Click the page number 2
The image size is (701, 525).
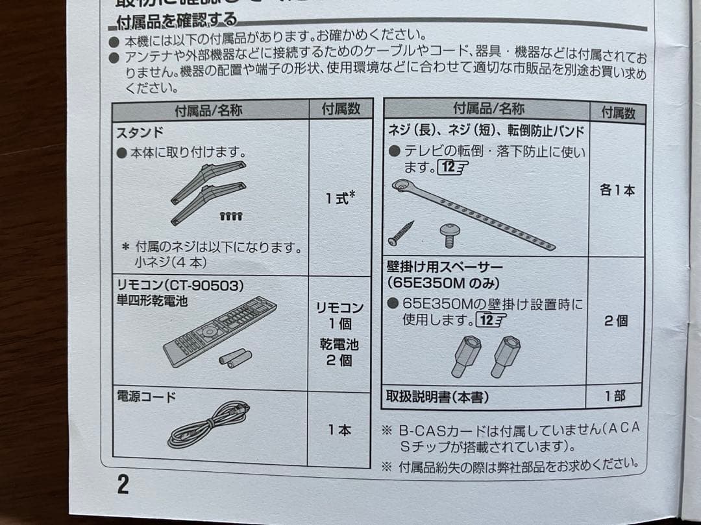click(123, 484)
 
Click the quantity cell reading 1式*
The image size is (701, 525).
click(340, 197)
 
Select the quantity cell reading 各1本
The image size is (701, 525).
click(617, 191)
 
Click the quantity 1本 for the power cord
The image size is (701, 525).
click(339, 430)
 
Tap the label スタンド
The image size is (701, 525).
click(140, 133)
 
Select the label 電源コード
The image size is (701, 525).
click(145, 397)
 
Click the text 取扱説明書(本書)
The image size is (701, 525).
click(437, 396)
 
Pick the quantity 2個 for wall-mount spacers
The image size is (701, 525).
click(615, 321)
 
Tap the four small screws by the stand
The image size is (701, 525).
click(231, 216)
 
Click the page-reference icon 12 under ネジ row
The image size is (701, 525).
click(452, 168)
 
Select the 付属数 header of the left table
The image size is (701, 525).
click(341, 109)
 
